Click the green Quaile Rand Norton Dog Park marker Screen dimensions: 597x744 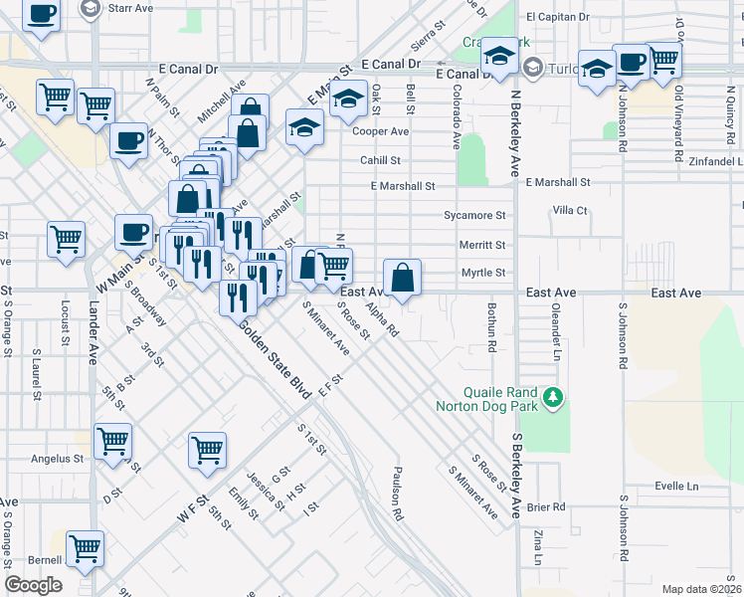(555, 398)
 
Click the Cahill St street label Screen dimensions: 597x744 (380, 160)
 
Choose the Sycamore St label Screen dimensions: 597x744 (474, 215)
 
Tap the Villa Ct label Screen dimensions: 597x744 (570, 211)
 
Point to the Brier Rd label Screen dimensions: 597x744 (546, 506)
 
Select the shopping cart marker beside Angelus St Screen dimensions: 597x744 (112, 441)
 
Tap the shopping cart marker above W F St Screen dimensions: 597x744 (208, 449)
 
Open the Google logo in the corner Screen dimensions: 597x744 (33, 585)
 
